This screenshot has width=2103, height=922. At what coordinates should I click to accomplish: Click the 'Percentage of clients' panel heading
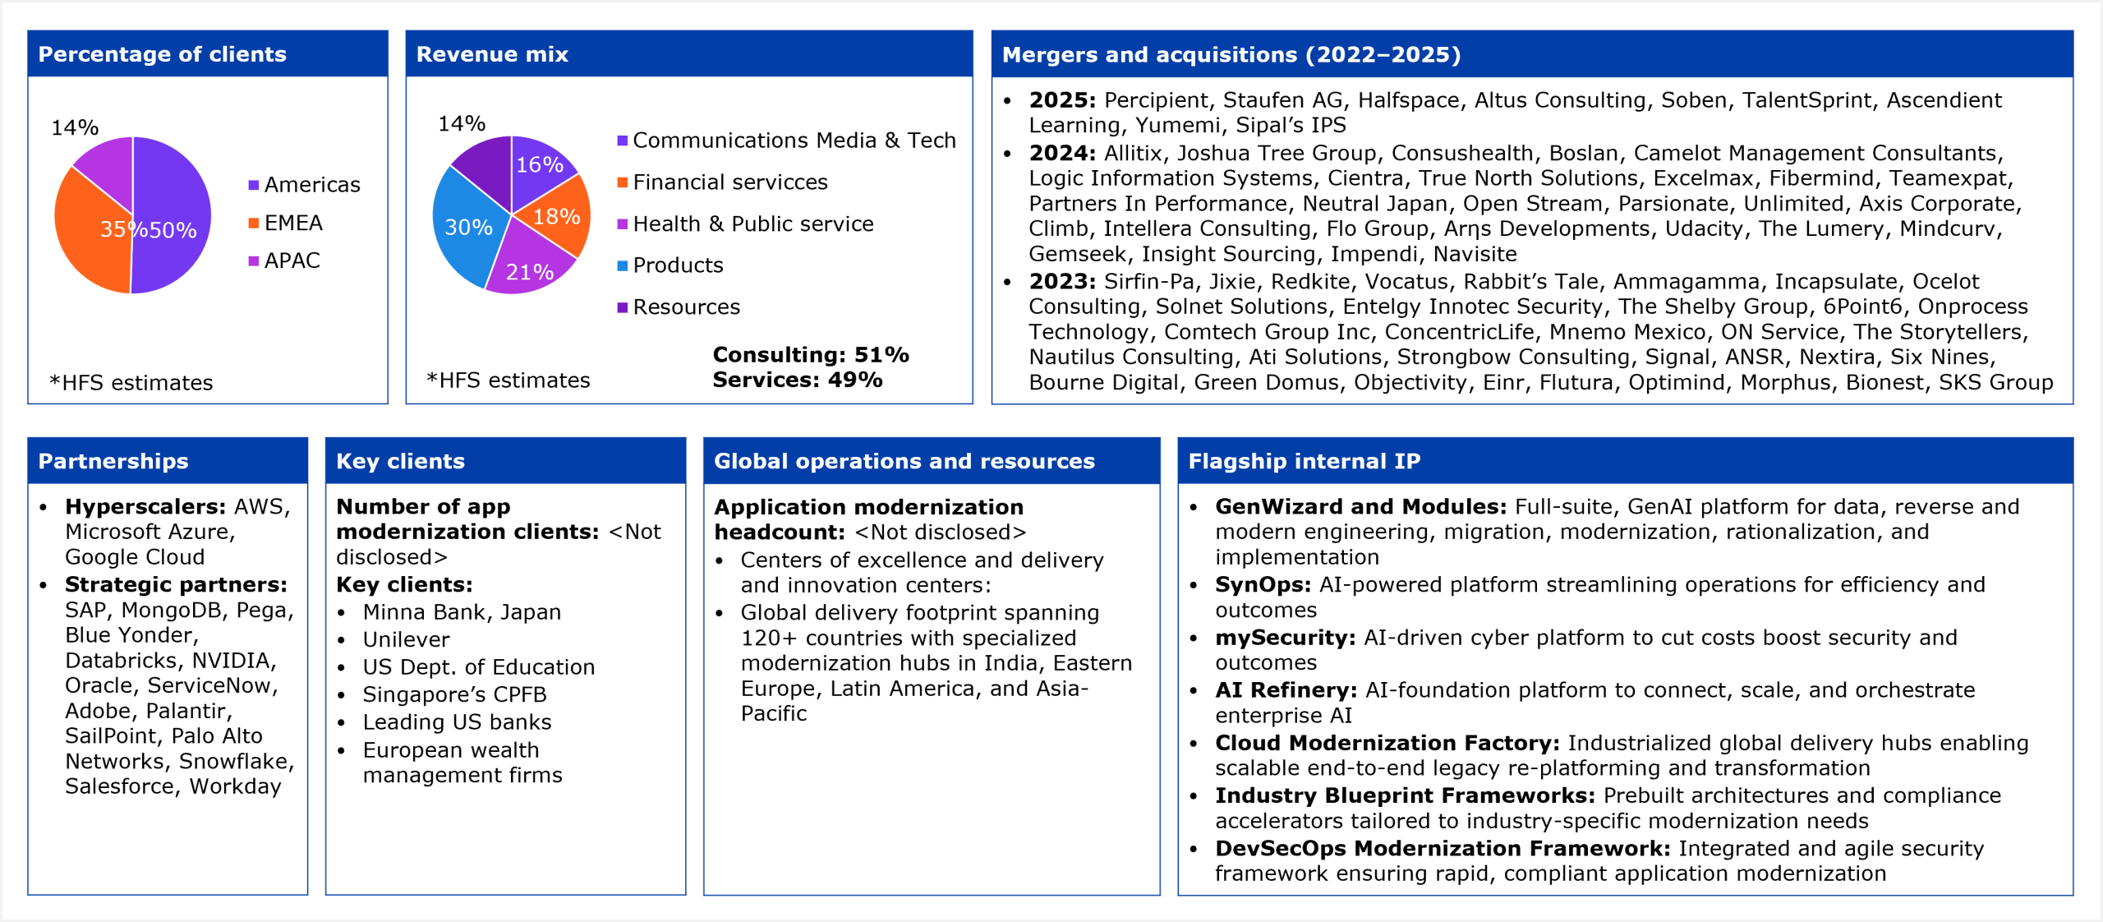[162, 54]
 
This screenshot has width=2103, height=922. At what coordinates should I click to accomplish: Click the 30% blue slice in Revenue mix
[467, 227]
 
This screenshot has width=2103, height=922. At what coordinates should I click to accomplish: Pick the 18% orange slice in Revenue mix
[556, 217]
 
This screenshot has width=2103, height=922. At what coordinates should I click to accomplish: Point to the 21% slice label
[529, 272]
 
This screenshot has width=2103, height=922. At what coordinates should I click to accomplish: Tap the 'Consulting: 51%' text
[810, 355]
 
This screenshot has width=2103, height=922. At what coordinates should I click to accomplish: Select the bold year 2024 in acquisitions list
[1061, 154]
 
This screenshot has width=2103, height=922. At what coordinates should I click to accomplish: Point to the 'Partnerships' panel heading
[113, 461]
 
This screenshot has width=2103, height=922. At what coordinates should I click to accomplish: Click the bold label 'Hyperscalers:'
[145, 507]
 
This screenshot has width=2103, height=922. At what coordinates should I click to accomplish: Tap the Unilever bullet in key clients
[406, 640]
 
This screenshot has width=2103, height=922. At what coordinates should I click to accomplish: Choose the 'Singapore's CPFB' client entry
[454, 695]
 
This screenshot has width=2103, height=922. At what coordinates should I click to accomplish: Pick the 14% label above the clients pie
[75, 128]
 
